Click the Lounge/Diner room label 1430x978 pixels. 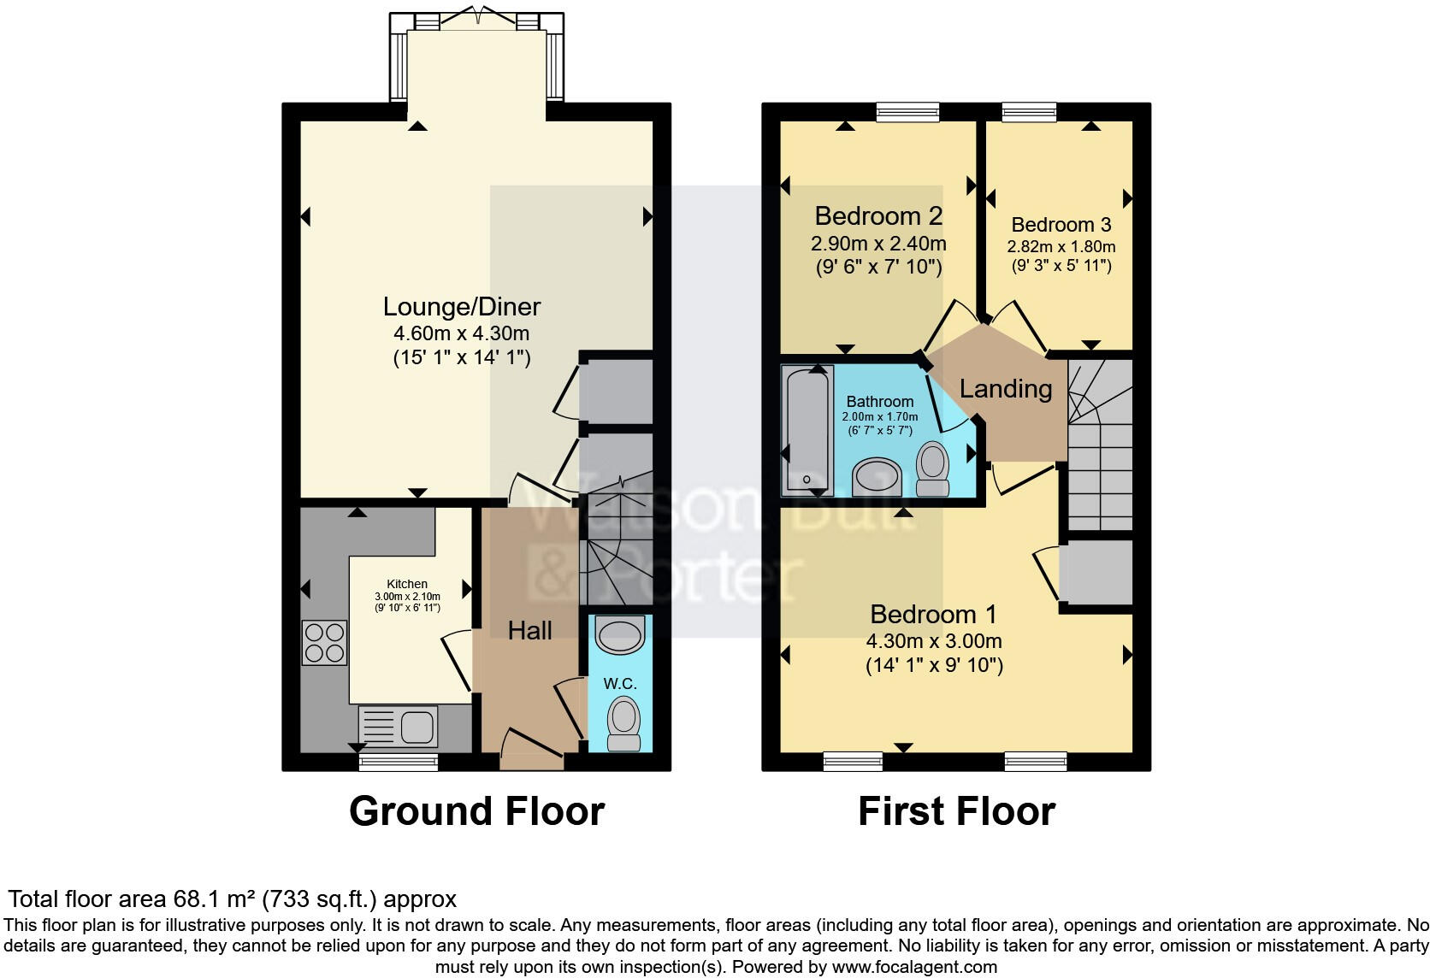462,306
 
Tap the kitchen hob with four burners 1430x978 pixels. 324,642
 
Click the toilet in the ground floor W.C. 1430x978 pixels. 623,723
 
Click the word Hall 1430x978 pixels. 529,631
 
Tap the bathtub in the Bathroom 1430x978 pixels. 807,430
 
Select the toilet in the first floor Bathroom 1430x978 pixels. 932,468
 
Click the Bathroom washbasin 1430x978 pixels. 877,477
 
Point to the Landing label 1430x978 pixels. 1006,389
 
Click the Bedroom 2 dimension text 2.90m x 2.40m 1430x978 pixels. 878,244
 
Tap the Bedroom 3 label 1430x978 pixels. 1061,225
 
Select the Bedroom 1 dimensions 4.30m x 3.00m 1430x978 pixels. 934,641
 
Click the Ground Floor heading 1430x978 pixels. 476,810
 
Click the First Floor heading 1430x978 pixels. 956,810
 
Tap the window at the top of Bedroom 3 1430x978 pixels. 1029,112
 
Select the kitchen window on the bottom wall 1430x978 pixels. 398,762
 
